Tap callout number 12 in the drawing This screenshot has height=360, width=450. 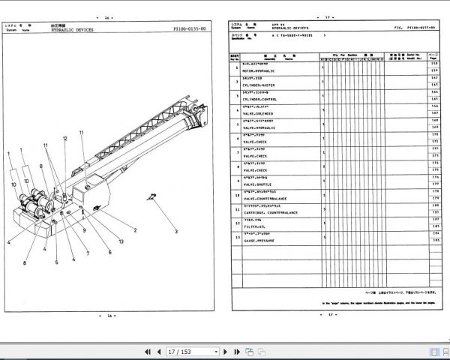click(x=65, y=139)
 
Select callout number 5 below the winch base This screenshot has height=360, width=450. click(x=56, y=262)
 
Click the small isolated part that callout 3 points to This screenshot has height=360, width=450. click(x=153, y=197)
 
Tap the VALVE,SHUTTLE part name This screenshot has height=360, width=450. click(x=257, y=184)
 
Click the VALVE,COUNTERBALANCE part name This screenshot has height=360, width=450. click(x=264, y=198)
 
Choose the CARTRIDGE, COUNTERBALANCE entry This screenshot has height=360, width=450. click(x=268, y=212)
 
